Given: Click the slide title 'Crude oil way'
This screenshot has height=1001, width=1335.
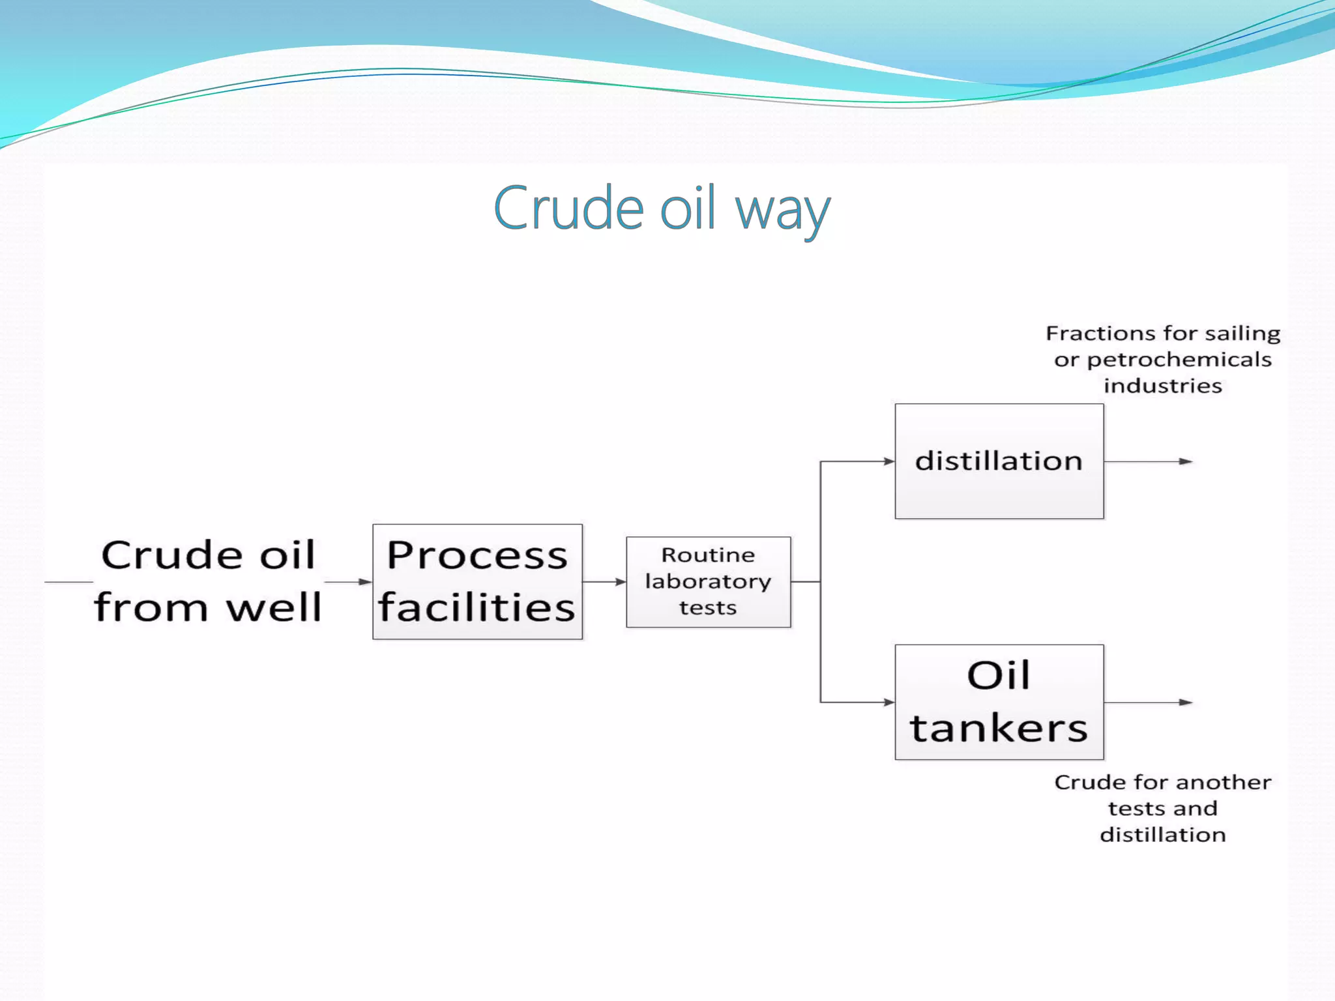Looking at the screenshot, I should pos(662,209).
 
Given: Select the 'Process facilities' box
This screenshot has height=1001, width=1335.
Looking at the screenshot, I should pos(477,581).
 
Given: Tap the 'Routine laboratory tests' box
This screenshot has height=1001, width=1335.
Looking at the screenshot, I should pos(709,581).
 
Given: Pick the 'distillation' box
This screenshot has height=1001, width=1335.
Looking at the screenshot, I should pos(999,461).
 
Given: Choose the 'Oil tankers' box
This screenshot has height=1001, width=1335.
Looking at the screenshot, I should pos(999,702).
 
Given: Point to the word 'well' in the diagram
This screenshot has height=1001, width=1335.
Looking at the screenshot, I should pos(274,607).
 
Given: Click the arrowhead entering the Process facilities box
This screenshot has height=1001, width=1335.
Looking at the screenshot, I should pos(366,581).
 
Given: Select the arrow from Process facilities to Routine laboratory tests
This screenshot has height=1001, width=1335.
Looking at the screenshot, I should pos(604,581).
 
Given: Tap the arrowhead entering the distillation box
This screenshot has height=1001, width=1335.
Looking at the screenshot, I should pos(889,461).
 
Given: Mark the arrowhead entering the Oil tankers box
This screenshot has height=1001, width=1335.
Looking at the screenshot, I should pos(889,702).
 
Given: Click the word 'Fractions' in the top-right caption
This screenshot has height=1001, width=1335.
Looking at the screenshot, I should pos(1090,334).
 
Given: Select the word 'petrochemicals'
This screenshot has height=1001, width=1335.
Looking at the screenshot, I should pos(1179,360).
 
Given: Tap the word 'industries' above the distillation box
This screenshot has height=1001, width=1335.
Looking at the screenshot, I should pos(1163,386).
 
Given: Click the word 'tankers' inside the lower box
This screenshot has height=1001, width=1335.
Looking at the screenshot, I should pos(999,728).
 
